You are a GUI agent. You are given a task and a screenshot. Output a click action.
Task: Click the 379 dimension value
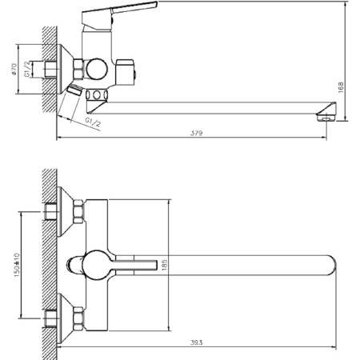pyautogui.click(x=196, y=133)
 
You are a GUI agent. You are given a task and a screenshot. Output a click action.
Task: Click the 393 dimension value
pyautogui.click(x=197, y=342)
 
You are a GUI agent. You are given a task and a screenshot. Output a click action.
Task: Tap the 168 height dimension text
pyautogui.click(x=341, y=87)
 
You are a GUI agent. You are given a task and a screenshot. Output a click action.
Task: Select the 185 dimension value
pyautogui.click(x=164, y=265)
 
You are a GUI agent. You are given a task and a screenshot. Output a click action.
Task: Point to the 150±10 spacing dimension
pyautogui.click(x=17, y=265)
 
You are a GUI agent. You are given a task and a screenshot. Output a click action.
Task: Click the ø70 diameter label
pyautogui.click(x=14, y=69)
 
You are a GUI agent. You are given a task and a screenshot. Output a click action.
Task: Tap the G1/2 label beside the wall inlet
pyautogui.click(x=27, y=69)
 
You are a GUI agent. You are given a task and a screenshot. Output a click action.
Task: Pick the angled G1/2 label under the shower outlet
pyautogui.click(x=93, y=122)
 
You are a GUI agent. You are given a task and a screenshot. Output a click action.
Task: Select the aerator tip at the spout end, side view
pyautogui.click(x=326, y=117)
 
